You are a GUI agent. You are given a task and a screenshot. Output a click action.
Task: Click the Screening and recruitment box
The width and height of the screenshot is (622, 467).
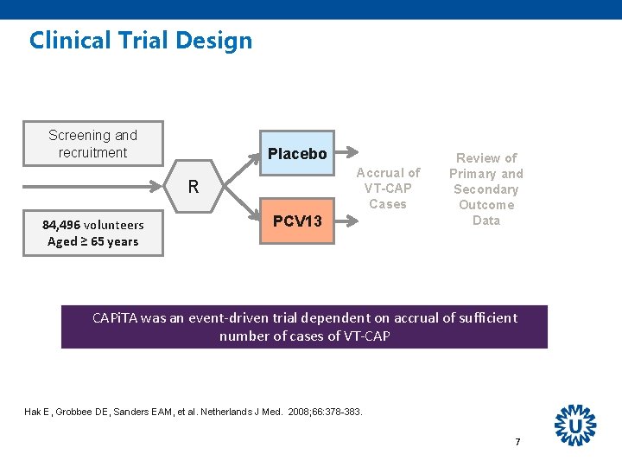(x=93, y=144)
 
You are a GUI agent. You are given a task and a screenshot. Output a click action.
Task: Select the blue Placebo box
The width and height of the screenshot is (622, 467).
(x=297, y=154)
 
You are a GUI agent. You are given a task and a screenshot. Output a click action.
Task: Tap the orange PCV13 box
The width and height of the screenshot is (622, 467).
(x=297, y=221)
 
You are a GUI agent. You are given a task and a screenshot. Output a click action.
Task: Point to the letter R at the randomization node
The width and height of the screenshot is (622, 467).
(x=194, y=187)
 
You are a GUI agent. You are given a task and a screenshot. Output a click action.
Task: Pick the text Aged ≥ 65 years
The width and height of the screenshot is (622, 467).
(x=93, y=242)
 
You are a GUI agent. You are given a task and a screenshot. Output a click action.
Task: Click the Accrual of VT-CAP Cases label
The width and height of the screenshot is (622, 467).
(x=388, y=189)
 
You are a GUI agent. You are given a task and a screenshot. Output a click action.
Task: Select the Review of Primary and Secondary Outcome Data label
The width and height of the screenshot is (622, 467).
(x=486, y=189)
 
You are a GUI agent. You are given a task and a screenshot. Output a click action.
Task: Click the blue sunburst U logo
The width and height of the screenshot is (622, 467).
(x=575, y=425)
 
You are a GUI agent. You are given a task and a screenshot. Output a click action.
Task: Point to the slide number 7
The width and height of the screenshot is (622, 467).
(x=517, y=442)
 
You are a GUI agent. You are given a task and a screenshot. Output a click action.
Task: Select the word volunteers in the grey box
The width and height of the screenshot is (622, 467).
(x=114, y=225)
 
